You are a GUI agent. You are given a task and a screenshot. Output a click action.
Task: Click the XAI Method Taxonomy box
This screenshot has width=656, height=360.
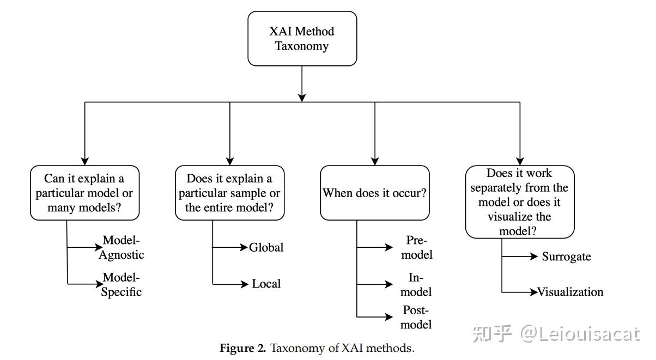(302, 39)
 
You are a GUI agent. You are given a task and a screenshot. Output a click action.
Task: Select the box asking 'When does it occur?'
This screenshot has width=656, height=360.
(374, 193)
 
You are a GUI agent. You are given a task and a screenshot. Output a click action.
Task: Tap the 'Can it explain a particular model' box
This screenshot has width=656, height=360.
(84, 193)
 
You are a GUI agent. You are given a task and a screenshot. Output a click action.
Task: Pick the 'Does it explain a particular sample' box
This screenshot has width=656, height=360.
(229, 193)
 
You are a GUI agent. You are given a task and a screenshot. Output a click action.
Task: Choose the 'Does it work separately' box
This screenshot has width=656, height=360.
(519, 202)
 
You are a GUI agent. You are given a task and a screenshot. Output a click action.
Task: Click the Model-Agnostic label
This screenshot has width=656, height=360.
(122, 247)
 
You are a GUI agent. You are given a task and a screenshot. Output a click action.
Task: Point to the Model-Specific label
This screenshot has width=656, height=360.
(122, 284)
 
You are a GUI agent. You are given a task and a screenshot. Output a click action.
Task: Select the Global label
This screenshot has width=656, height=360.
(266, 247)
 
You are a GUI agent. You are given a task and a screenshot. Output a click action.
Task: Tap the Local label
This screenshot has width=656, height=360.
(266, 284)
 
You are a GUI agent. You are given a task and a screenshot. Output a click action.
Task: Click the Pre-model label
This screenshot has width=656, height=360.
(418, 247)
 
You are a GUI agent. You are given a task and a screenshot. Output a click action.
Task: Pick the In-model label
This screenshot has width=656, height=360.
(418, 284)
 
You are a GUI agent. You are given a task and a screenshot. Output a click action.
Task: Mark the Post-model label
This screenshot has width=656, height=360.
(417, 317)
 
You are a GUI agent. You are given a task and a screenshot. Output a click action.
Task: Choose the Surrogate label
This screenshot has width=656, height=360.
(566, 257)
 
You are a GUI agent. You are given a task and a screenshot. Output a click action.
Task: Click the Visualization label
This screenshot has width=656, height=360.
(570, 292)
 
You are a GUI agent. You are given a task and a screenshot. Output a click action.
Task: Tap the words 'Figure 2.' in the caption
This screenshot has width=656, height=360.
(242, 348)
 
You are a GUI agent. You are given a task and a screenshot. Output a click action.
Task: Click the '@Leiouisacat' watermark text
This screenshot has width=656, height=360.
(579, 333)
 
